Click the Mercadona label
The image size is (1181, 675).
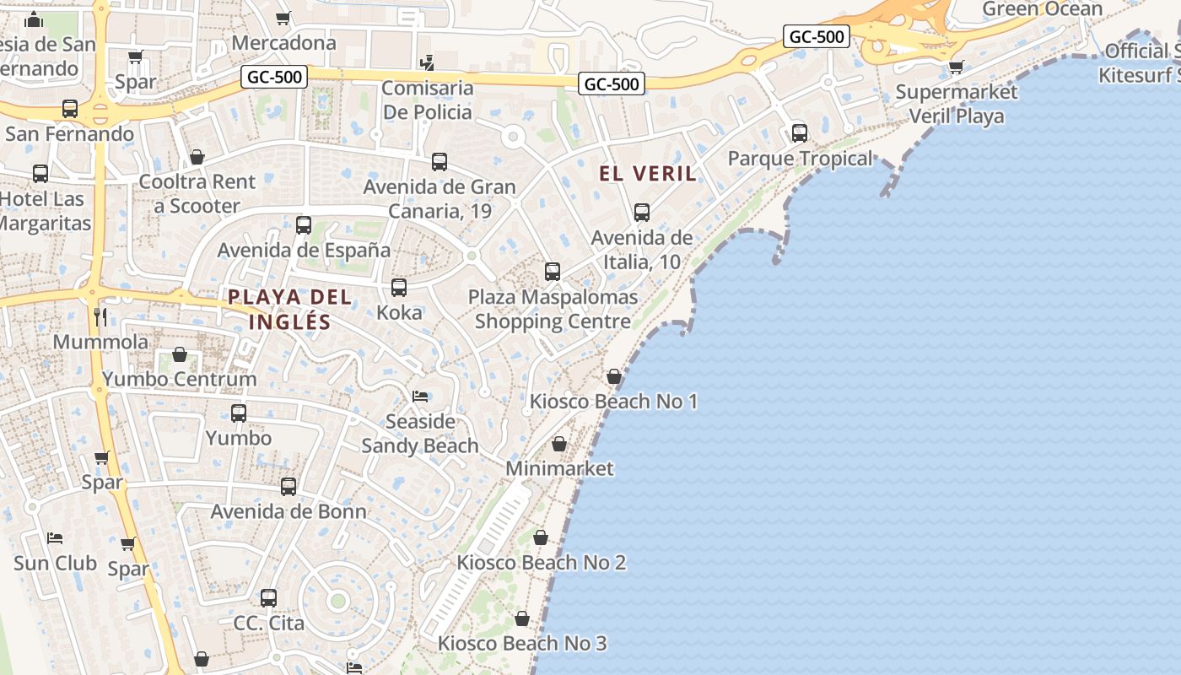point(283,42)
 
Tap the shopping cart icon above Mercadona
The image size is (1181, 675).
point(283,18)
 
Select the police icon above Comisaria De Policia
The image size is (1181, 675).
point(428,62)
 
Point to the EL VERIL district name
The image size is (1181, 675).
point(648,174)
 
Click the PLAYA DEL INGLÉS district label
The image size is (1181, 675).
point(289,309)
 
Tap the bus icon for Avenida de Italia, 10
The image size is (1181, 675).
point(642,213)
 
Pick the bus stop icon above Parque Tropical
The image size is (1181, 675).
point(799,133)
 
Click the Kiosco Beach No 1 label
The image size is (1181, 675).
point(613,401)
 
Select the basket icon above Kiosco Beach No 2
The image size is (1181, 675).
point(541,537)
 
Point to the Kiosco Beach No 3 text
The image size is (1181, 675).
point(522,643)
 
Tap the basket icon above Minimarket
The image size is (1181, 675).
point(559,444)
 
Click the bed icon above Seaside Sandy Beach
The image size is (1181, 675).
point(420,396)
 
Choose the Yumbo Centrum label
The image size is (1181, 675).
point(180,379)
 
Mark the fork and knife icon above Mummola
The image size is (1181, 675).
point(100,316)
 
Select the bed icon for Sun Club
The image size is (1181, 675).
point(55,537)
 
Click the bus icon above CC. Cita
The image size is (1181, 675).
point(268,598)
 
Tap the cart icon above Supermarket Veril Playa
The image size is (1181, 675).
point(956,67)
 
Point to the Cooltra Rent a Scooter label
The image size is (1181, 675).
point(197,193)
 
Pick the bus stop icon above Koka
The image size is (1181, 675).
point(399,288)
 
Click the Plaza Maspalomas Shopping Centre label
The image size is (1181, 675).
point(553,309)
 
